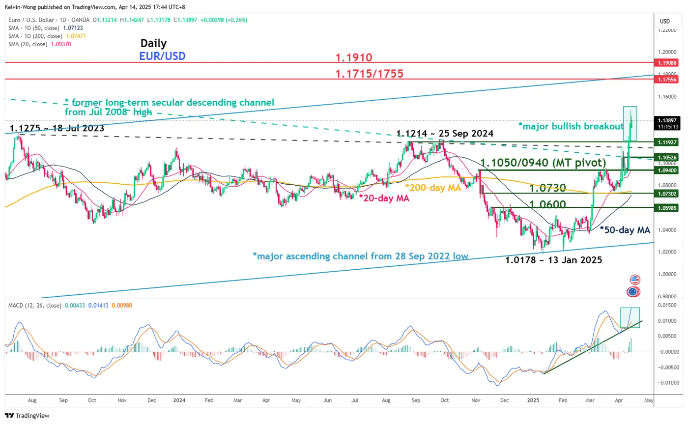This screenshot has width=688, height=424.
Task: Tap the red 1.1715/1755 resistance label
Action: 369,74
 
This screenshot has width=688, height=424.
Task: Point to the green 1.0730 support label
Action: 547,188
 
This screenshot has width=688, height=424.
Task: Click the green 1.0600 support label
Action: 547,204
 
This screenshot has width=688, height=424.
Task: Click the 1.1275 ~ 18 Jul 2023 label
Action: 57,129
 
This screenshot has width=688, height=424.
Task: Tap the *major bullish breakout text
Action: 571,126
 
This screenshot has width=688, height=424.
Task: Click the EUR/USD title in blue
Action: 163,56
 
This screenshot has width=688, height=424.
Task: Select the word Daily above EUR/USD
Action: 153,43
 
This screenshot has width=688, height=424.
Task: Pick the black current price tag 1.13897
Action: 668,120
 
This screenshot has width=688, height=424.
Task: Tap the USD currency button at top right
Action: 665,21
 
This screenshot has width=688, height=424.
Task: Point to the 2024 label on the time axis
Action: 179,400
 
